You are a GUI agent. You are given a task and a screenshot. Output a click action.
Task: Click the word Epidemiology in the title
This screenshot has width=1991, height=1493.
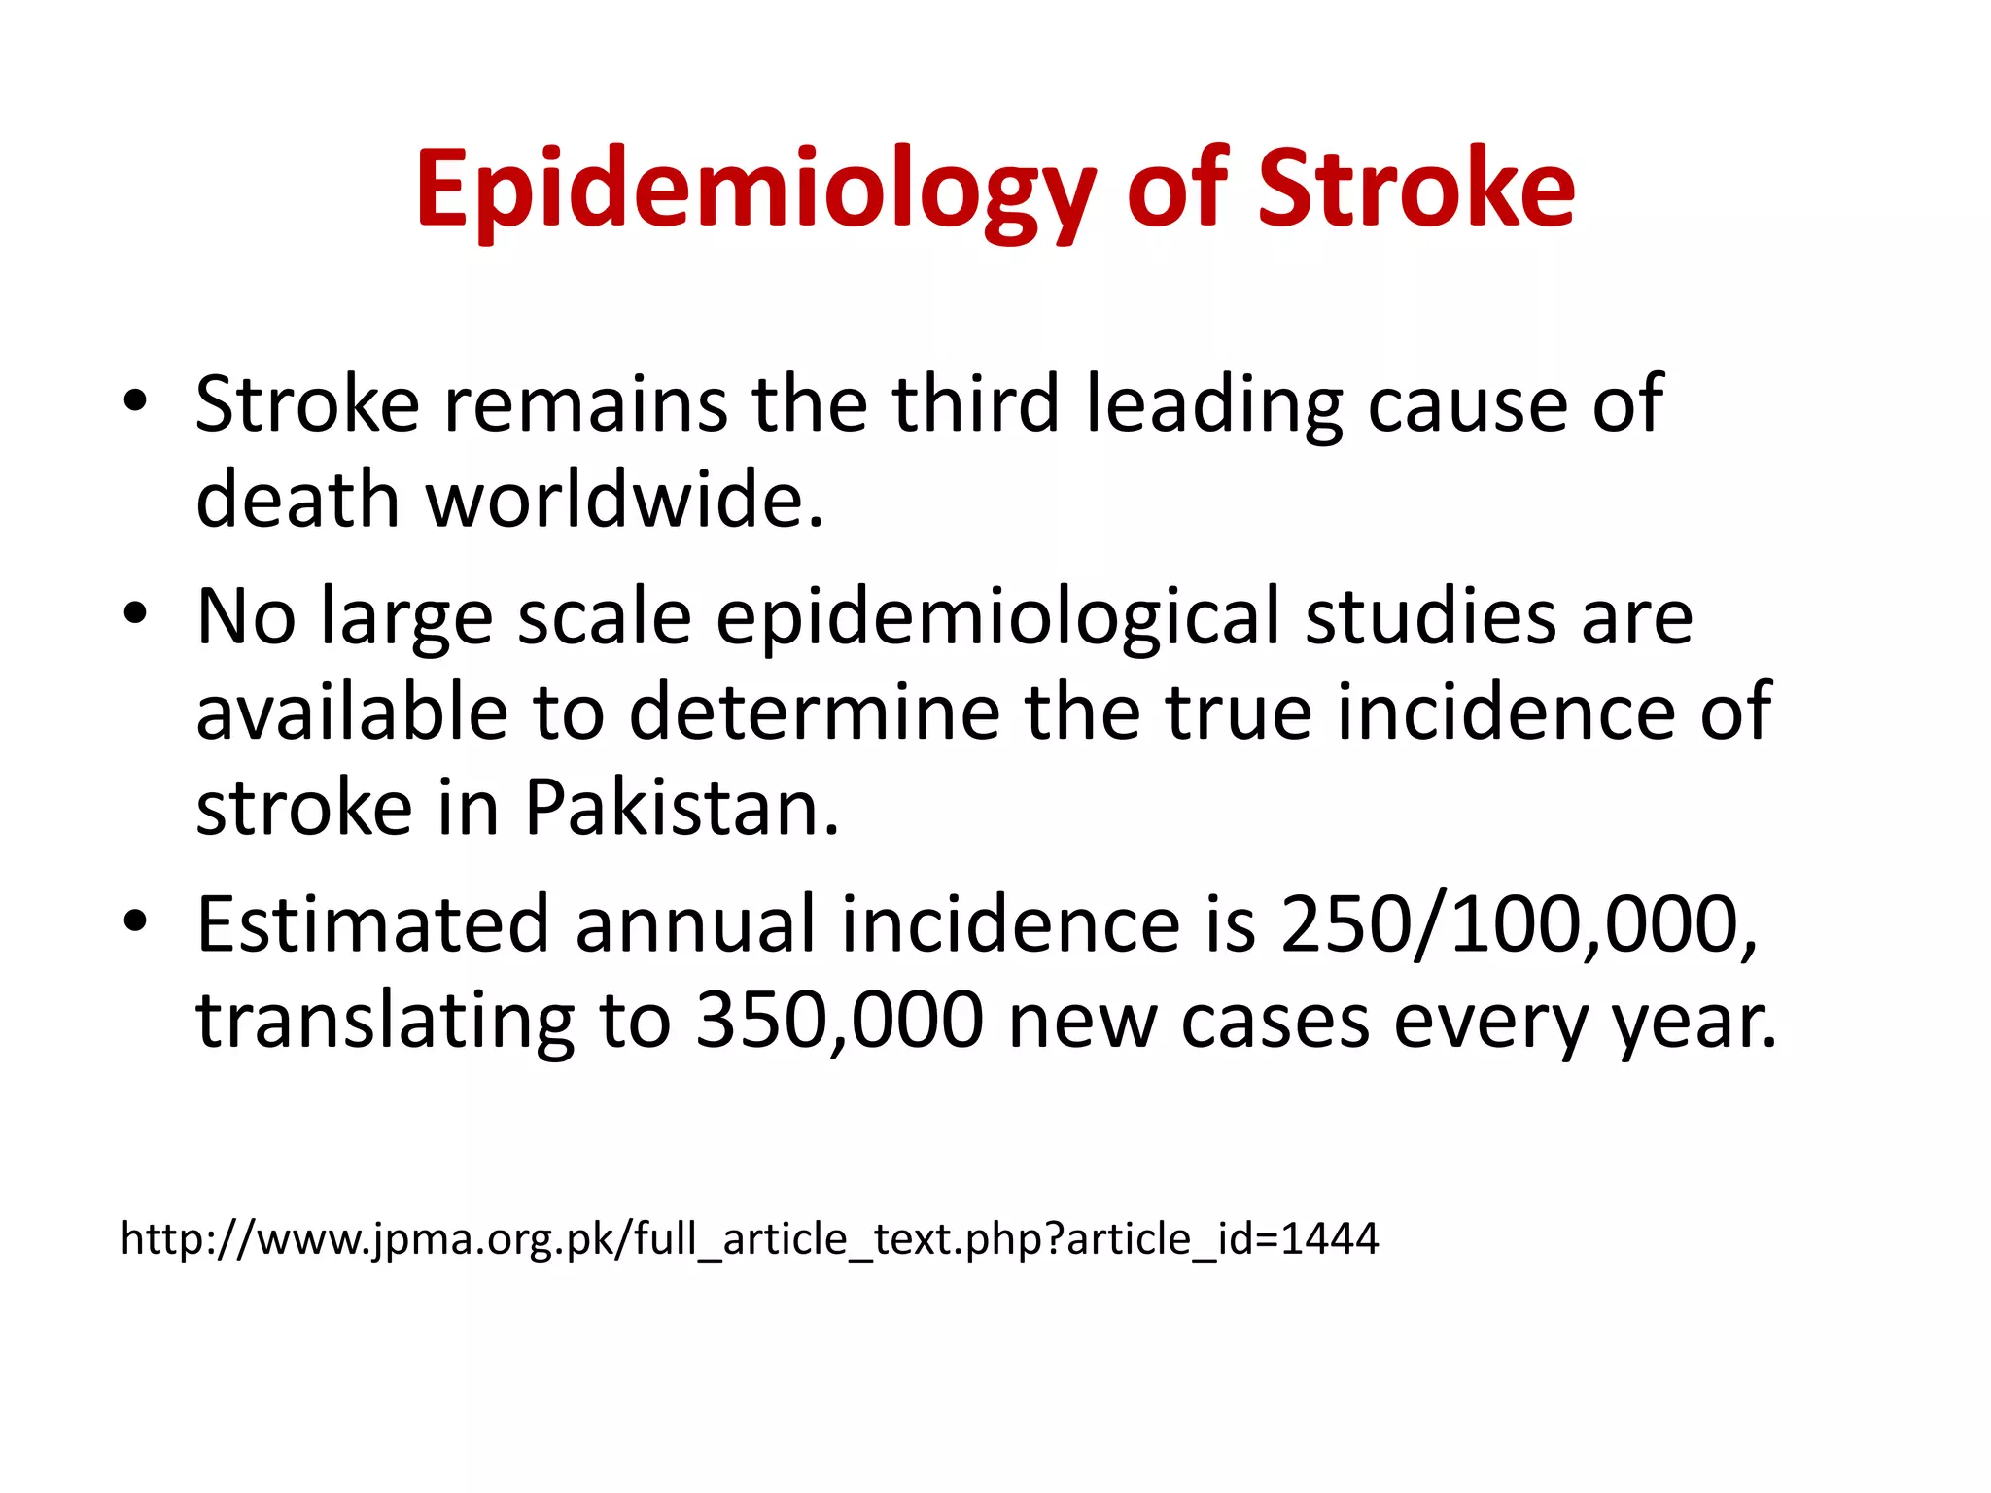coord(755,190)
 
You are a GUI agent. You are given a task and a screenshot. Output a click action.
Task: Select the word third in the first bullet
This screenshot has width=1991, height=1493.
coord(975,403)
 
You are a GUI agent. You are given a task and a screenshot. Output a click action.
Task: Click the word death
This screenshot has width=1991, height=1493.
coord(297,501)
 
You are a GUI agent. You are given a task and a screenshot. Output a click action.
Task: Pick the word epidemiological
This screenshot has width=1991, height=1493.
coord(997,618)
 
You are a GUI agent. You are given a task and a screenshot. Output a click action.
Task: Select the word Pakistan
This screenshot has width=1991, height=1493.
coord(681,809)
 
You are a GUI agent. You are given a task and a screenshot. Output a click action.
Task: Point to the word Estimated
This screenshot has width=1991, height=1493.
coord(372,924)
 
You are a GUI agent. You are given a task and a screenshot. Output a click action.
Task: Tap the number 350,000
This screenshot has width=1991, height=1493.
coord(840,1021)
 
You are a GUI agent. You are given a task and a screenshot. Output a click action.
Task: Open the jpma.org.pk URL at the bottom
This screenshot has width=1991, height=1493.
coord(750,1239)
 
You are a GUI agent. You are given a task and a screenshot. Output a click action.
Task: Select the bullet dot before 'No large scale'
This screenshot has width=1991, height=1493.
coord(135,613)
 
